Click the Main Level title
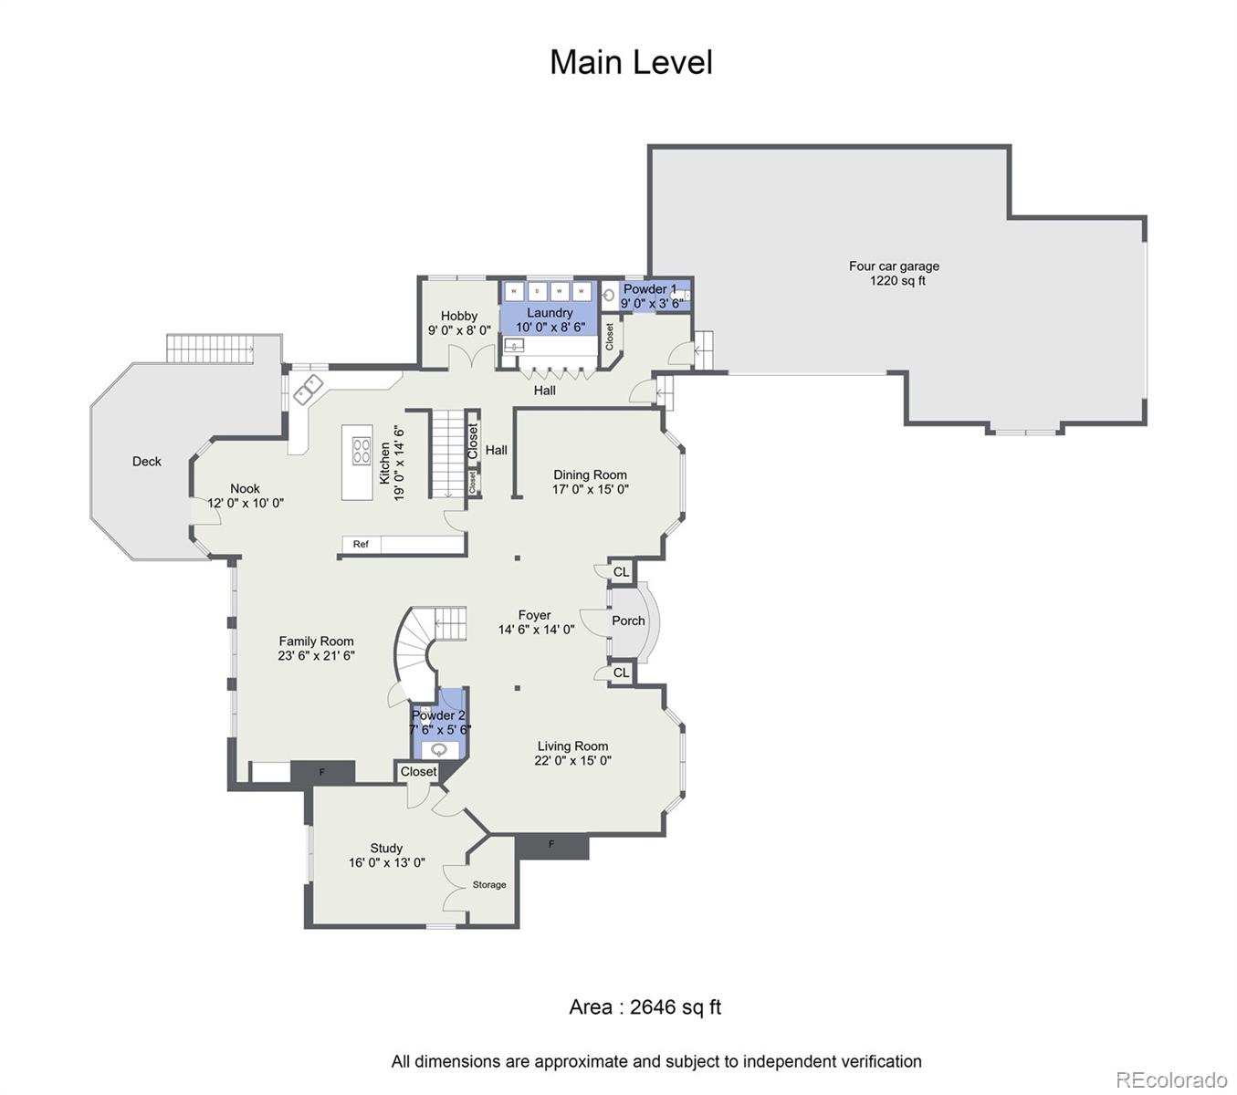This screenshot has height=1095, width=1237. [x=631, y=63]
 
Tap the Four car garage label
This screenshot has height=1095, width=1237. [x=894, y=266]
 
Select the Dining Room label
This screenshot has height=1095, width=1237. [x=590, y=474]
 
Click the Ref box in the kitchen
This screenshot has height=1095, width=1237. [x=362, y=545]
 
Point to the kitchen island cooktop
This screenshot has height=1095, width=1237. [x=362, y=452]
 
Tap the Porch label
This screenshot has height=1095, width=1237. [x=628, y=620]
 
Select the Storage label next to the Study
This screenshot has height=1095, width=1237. [x=489, y=885]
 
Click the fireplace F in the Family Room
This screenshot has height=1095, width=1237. [x=321, y=773]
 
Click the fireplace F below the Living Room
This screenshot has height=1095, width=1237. [x=551, y=845]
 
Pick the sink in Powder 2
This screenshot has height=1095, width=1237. [x=440, y=750]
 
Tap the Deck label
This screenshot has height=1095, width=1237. [x=146, y=462]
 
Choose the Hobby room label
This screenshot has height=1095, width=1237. [x=459, y=316]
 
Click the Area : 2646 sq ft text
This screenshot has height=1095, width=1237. [x=645, y=1007]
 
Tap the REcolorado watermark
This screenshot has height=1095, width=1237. [x=1171, y=1079]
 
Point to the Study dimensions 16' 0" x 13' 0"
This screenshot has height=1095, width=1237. [x=386, y=862]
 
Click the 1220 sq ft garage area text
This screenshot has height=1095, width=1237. [x=897, y=281]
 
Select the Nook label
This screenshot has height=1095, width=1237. [x=245, y=488]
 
